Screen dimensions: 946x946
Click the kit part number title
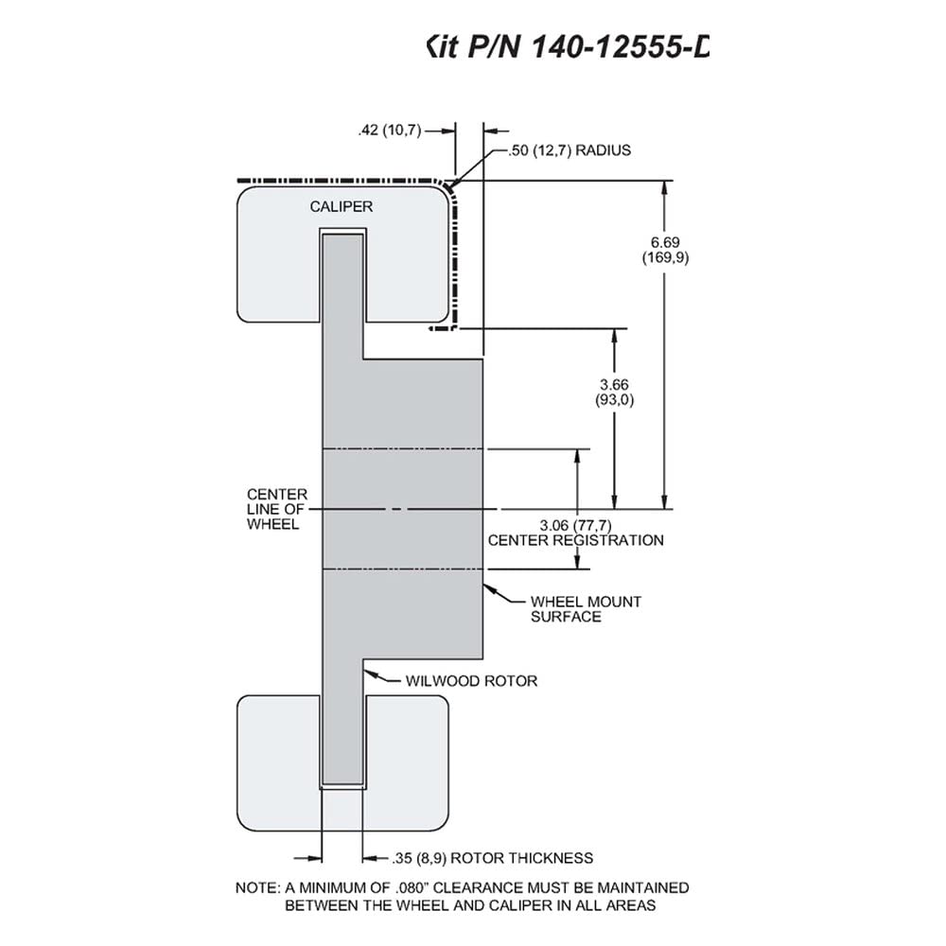pyautogui.click(x=567, y=46)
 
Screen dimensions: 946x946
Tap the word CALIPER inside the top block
pyautogui.click(x=342, y=206)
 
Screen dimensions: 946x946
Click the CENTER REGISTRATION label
pyautogui.click(x=575, y=540)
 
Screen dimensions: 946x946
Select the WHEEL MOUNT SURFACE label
pyautogui.click(x=586, y=609)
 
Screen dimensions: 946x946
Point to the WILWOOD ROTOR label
pyautogui.click(x=471, y=681)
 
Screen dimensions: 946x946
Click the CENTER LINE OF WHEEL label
pyautogui.click(x=277, y=509)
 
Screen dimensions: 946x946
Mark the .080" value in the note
pyautogui.click(x=412, y=888)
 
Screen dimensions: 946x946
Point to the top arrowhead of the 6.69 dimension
pyautogui.click(x=665, y=187)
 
